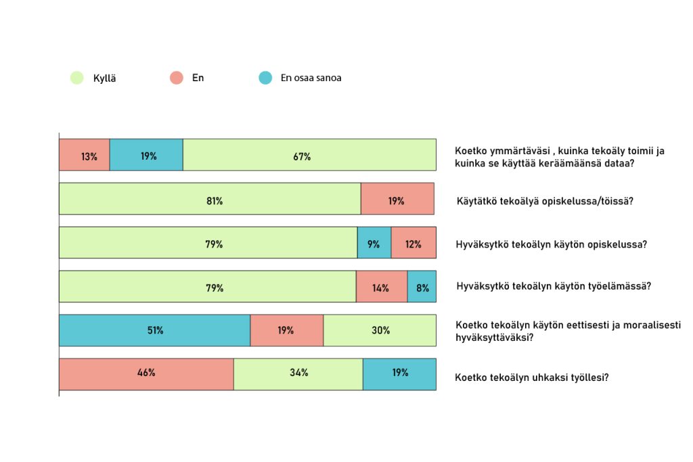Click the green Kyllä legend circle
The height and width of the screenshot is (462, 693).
[x=76, y=78]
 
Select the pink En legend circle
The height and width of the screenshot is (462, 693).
[x=176, y=78]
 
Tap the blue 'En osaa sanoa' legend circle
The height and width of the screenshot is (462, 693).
[x=265, y=78]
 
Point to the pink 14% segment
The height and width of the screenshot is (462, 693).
[x=382, y=287]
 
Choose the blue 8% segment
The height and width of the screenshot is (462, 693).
[x=422, y=287]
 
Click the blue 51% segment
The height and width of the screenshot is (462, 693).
[x=154, y=331]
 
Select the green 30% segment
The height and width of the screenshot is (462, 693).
[x=380, y=331]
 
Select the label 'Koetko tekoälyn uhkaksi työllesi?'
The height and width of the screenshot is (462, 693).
[x=532, y=377]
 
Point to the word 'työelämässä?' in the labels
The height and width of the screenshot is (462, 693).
[x=622, y=286]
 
